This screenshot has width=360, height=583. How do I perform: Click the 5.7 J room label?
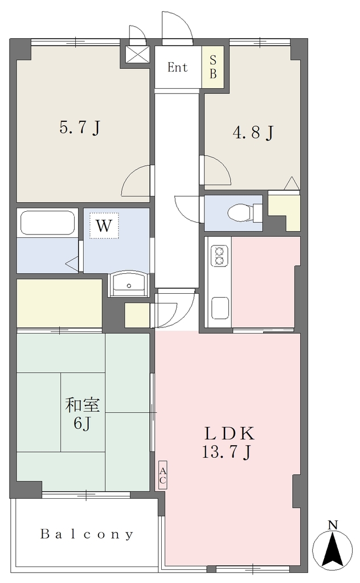(x=80, y=128)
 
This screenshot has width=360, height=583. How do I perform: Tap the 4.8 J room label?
(x=253, y=132)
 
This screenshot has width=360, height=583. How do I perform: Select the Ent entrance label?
(x=177, y=67)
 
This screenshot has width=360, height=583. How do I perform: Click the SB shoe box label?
(x=212, y=67)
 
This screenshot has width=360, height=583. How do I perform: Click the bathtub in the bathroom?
(x=47, y=223)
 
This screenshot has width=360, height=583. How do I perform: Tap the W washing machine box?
(x=104, y=225)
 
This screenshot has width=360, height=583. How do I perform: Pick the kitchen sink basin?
(x=219, y=308)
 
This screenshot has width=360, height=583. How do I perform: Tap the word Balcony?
(x=87, y=534)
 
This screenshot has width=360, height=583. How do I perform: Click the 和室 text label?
(x=83, y=405)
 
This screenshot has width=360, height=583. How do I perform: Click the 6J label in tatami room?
(x=82, y=423)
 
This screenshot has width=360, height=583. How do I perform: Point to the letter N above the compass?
(x=333, y=525)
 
